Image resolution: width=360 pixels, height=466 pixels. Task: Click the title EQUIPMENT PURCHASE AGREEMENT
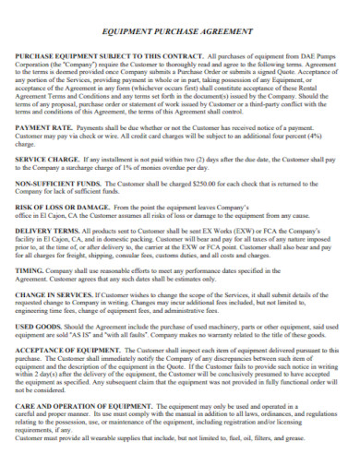pos(179,30)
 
